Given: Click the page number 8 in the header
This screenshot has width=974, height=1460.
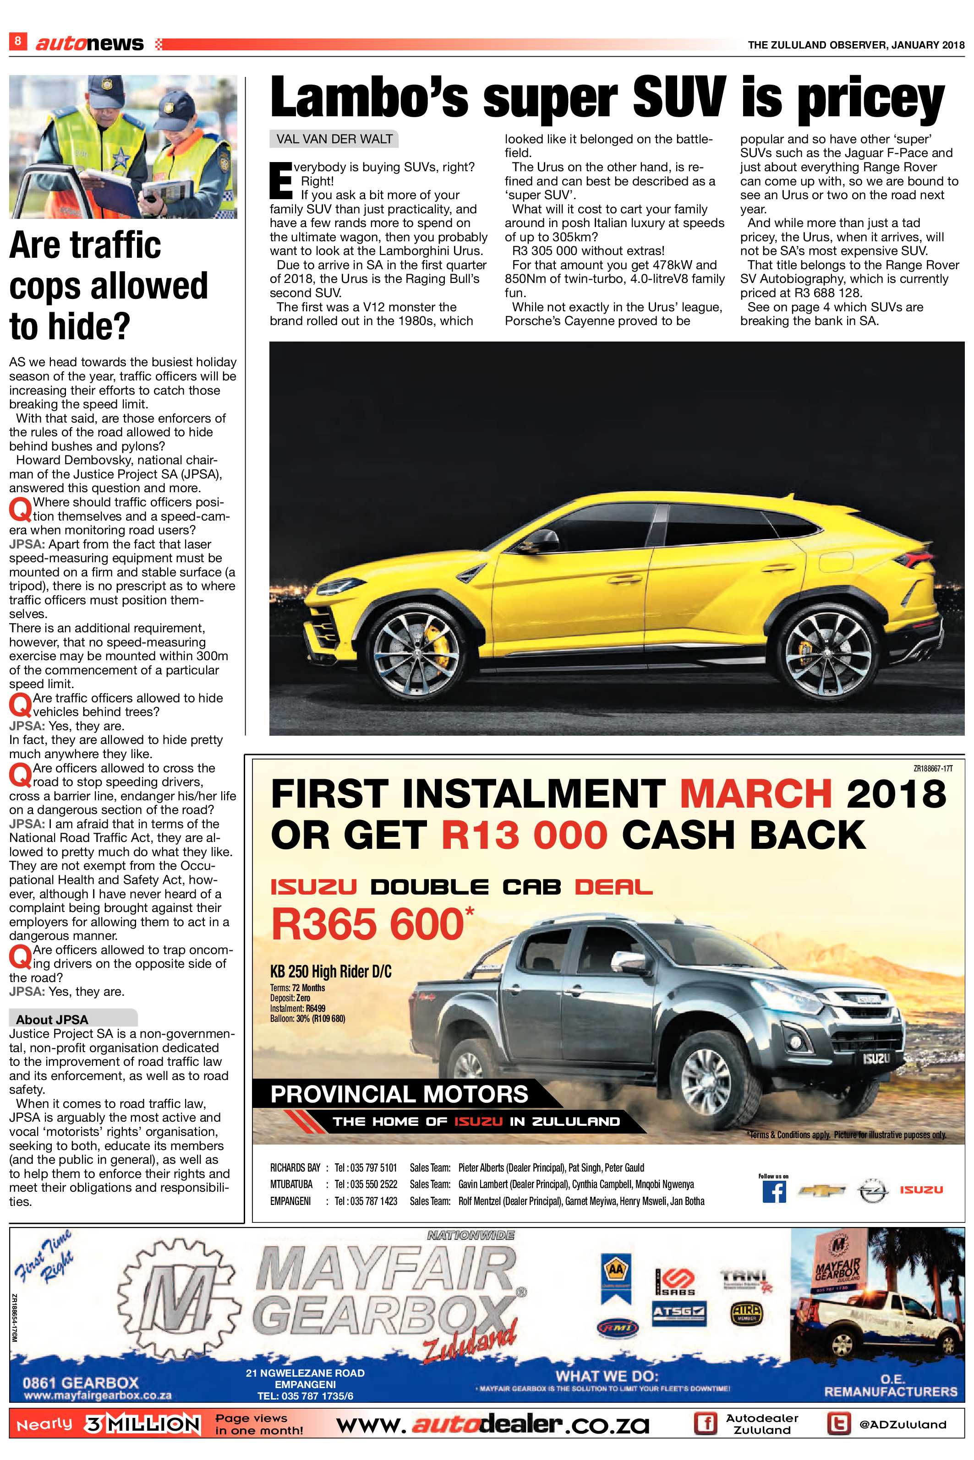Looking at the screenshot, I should pyautogui.click(x=17, y=41).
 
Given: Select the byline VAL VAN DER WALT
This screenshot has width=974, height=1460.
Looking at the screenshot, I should pyautogui.click(x=334, y=139).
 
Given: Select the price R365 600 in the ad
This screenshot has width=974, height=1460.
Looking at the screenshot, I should pyautogui.click(x=368, y=924).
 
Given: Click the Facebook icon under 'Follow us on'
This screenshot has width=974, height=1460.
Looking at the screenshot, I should pyautogui.click(x=773, y=1191).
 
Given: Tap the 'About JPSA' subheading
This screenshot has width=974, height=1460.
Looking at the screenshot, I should pyautogui.click(x=52, y=1020).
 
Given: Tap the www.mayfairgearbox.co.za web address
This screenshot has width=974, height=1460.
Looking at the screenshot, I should pyautogui.click(x=98, y=1396).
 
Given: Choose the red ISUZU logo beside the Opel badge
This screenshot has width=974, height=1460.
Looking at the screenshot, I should pyautogui.click(x=921, y=1190).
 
